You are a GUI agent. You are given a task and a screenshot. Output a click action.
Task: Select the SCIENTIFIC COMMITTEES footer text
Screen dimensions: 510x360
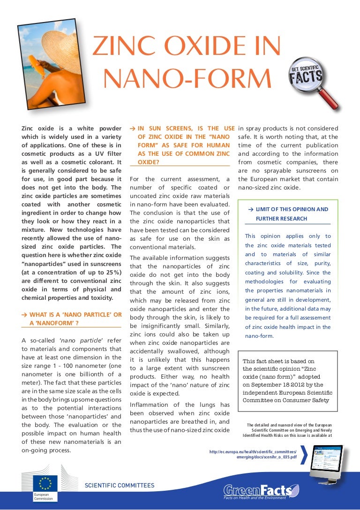pos(119,485)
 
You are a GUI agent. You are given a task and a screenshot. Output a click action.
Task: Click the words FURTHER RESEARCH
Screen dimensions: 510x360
pos(281,219)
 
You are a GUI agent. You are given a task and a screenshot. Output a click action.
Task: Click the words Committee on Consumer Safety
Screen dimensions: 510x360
pos(286,400)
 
